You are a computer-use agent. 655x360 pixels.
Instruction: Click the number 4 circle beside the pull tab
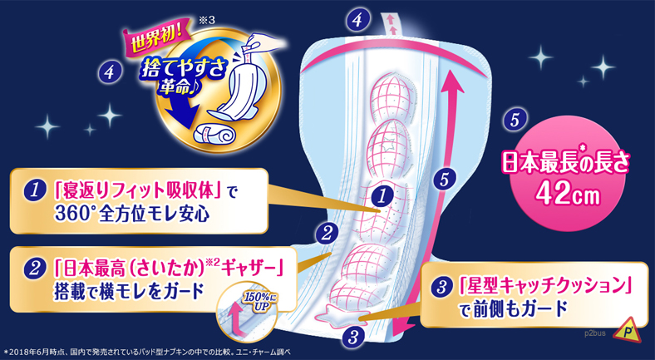(x=357, y=21)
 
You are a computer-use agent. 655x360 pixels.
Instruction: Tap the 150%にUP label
(x=260, y=301)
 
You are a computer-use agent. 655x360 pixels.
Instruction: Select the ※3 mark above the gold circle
(x=206, y=21)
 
